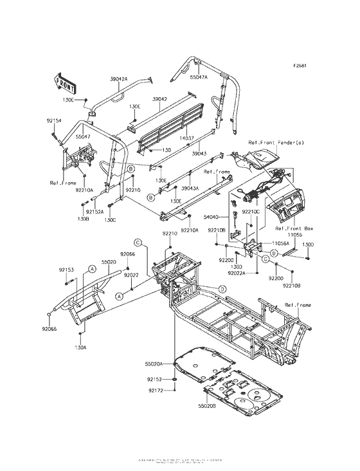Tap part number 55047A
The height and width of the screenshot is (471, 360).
(199, 77)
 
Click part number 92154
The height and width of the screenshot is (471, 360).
(53, 120)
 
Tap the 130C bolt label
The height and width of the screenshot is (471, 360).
(111, 220)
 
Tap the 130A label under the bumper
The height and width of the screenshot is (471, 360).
(80, 347)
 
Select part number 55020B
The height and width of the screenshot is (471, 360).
(189, 407)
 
